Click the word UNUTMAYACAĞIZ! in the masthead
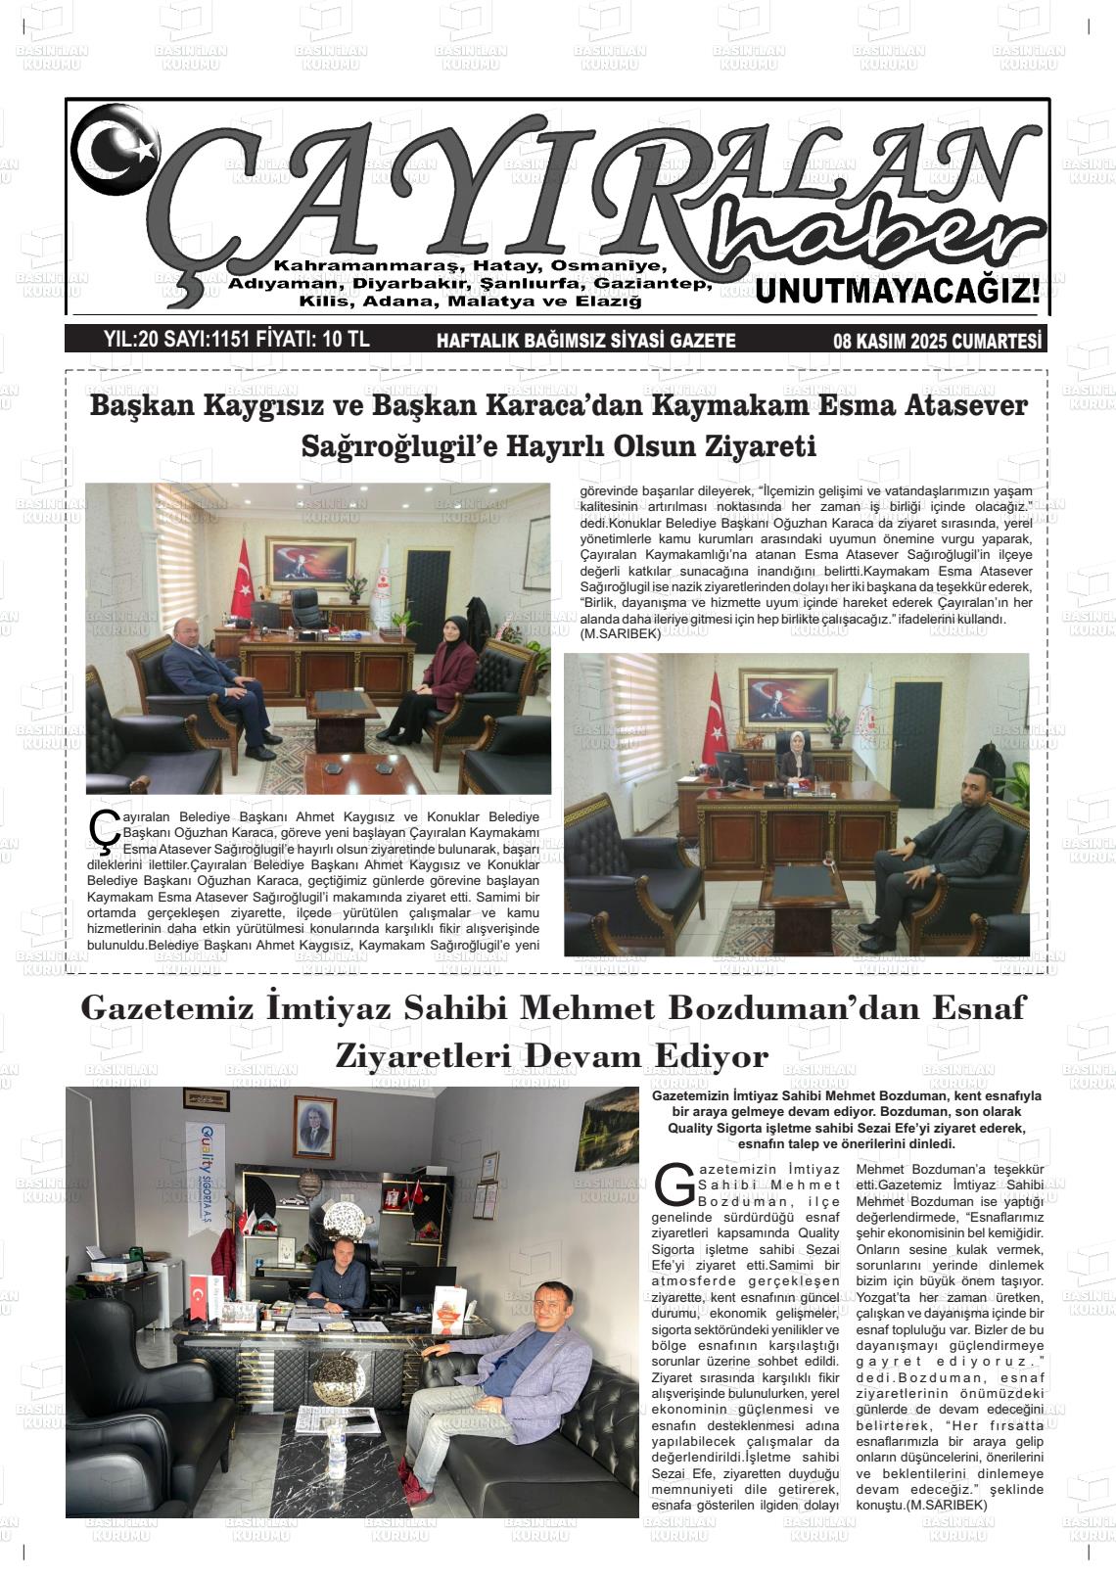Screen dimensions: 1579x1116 tap(898, 292)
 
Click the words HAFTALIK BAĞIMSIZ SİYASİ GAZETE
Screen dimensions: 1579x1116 tap(585, 341)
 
